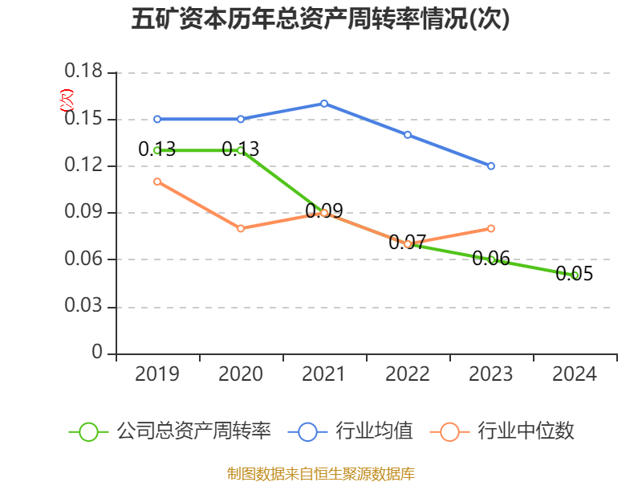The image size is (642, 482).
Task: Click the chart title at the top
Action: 320,20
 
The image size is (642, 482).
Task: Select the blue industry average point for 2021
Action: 324,104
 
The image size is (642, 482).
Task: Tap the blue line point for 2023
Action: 491,166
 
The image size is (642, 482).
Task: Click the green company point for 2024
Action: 575,275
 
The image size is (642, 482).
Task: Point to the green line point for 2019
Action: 157,150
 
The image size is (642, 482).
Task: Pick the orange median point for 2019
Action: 157,182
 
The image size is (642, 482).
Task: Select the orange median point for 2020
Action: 241,228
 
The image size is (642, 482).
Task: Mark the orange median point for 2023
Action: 491,228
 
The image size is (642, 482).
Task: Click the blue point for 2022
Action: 408,135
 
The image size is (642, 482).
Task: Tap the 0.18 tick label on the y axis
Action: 83,72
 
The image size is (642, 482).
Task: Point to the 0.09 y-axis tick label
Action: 83,213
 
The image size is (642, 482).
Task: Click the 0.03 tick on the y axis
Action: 83,307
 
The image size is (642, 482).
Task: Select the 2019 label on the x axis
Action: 157,374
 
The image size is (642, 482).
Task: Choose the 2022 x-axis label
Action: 408,374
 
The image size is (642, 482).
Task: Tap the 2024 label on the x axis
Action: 575,374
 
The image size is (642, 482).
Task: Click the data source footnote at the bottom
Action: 320,473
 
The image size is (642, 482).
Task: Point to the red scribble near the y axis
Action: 67,100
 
